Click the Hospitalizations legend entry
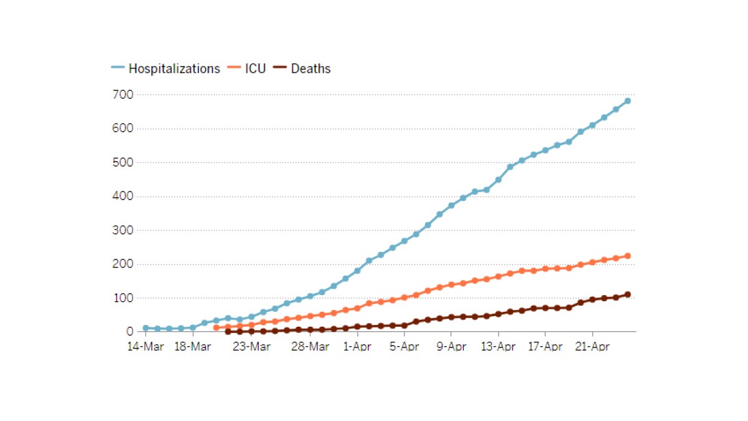click(174, 69)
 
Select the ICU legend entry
click(255, 69)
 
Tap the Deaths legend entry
click(310, 69)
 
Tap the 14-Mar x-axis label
click(145, 347)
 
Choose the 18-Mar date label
click(192, 347)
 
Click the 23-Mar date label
click(251, 347)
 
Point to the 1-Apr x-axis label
click(357, 347)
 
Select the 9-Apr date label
click(451, 347)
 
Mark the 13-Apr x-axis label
click(498, 347)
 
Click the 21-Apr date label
click(592, 347)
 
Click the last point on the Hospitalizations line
click(628, 100)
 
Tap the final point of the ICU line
click(628, 256)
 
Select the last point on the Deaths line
click(628, 294)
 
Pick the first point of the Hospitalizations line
click(145, 328)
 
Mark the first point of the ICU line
click(216, 327)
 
